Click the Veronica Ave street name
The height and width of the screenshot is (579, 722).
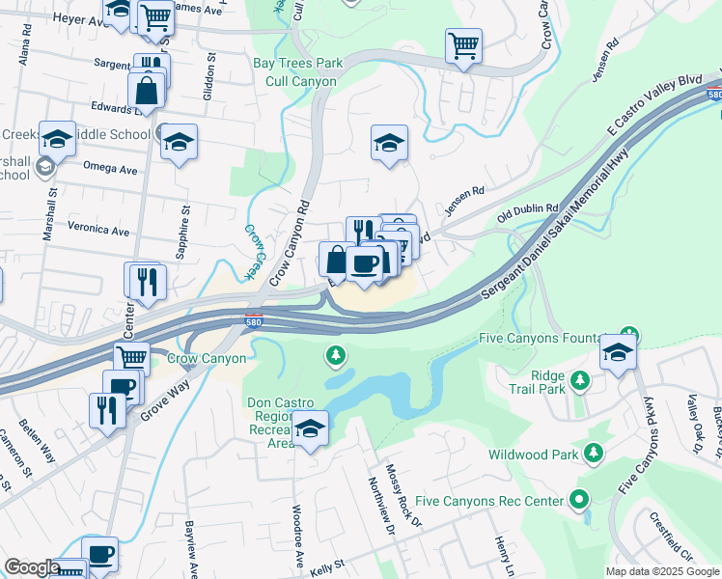point(98,232)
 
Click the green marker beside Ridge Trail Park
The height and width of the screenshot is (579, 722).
point(580,380)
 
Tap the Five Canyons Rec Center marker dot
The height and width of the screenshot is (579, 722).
point(578,500)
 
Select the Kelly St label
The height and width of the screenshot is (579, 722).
point(328,569)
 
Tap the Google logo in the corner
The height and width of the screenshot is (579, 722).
point(32,567)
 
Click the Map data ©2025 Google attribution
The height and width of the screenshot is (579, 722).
point(661,571)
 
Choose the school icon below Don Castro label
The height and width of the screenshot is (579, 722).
point(310,430)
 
